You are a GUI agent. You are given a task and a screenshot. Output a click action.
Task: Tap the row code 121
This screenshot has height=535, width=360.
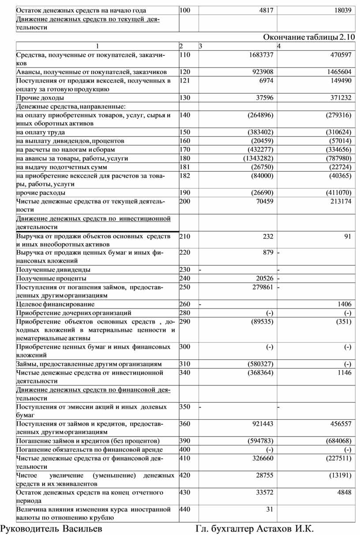(x=184, y=80)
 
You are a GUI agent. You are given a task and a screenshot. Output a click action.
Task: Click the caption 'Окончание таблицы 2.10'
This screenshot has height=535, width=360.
(x=309, y=37)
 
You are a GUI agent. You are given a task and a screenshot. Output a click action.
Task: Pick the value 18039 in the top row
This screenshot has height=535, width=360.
(x=342, y=10)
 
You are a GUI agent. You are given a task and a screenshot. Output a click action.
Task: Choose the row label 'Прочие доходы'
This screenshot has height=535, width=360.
(x=40, y=98)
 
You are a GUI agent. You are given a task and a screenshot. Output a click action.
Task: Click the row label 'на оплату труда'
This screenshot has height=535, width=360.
(x=41, y=132)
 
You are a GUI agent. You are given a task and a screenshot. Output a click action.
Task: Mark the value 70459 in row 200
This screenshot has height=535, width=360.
(x=264, y=201)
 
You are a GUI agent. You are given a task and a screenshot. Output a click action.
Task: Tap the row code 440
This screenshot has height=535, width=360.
(x=184, y=509)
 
